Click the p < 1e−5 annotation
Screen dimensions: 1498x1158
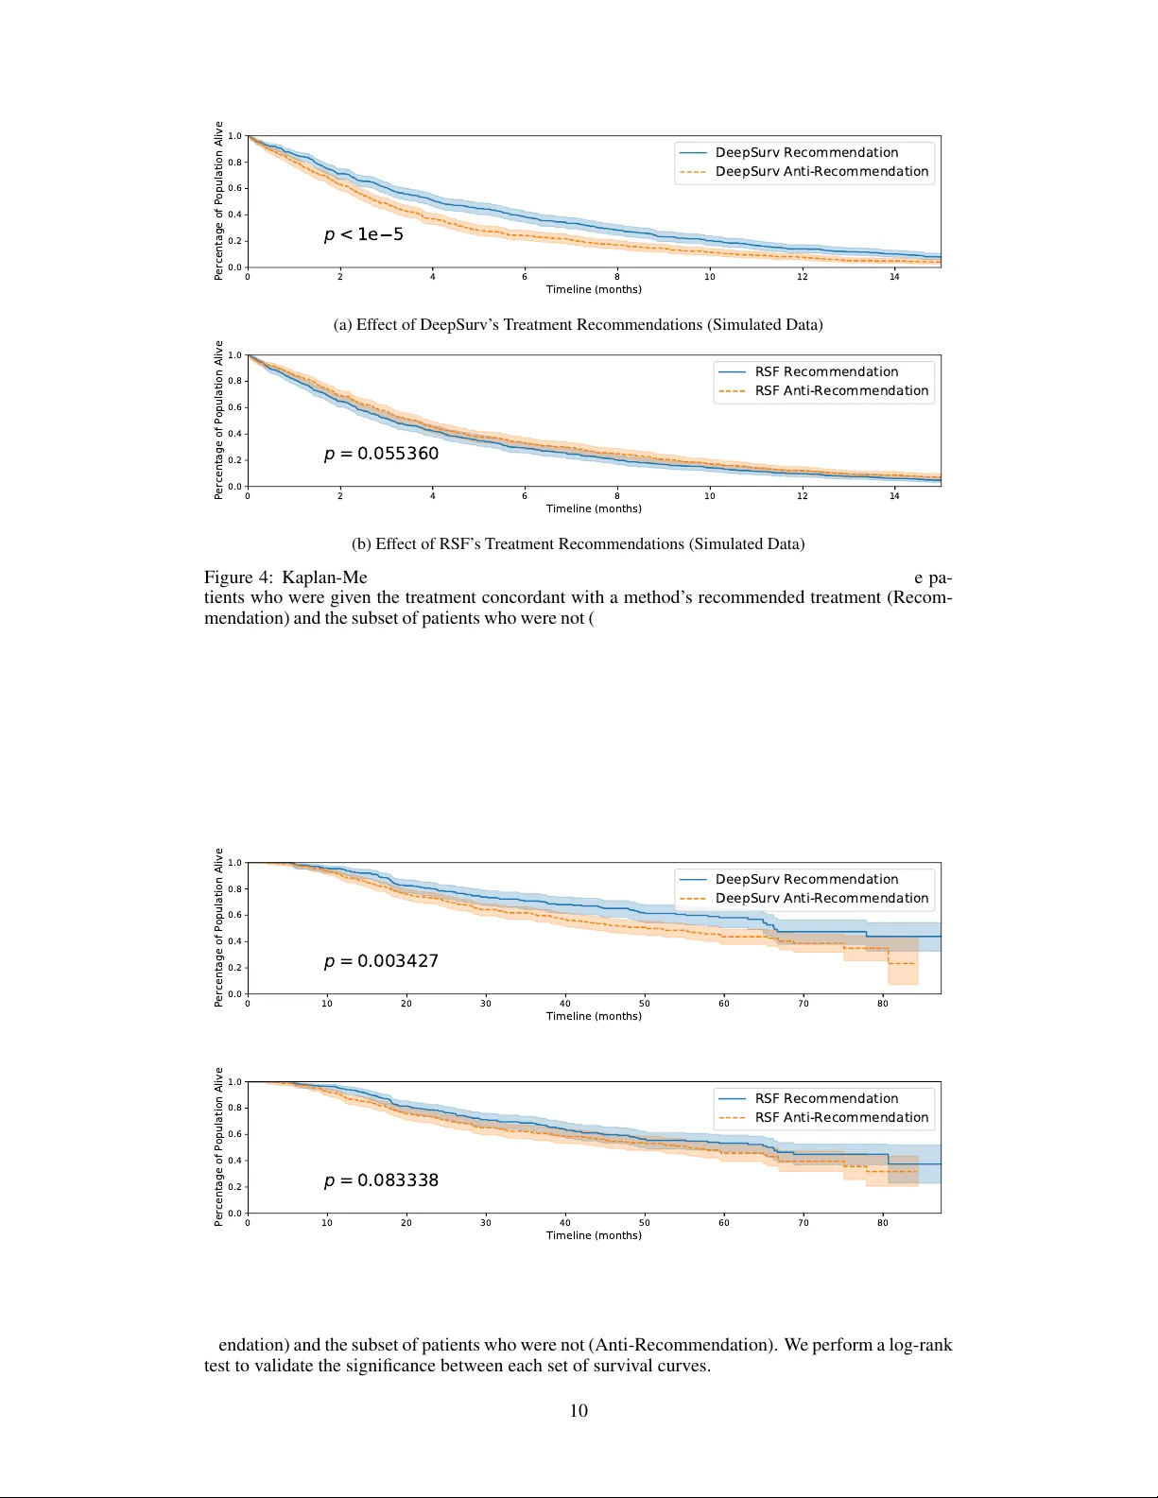(364, 234)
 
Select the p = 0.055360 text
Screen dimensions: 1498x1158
(381, 454)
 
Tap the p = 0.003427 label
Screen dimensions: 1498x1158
(381, 961)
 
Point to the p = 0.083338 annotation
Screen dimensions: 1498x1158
(381, 1180)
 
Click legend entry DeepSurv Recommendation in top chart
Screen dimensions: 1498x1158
(806, 153)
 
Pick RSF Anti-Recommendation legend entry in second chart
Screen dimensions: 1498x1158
(841, 391)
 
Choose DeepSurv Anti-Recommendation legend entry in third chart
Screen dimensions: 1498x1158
(821, 899)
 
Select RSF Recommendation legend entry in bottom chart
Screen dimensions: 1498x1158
(826, 1099)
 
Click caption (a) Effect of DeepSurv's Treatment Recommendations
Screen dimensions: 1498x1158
(578, 325)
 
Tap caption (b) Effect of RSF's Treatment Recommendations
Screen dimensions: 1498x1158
(578, 544)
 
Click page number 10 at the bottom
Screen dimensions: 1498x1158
(579, 1411)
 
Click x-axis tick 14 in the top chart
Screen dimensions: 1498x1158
(894, 277)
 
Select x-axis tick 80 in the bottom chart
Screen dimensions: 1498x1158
(882, 1223)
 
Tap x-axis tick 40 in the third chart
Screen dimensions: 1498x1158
(564, 1004)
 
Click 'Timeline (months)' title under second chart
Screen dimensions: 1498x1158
(594, 508)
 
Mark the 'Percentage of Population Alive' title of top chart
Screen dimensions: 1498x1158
(218, 200)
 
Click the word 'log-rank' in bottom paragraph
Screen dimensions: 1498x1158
(920, 1345)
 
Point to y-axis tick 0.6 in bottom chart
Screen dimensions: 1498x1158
(234, 1134)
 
